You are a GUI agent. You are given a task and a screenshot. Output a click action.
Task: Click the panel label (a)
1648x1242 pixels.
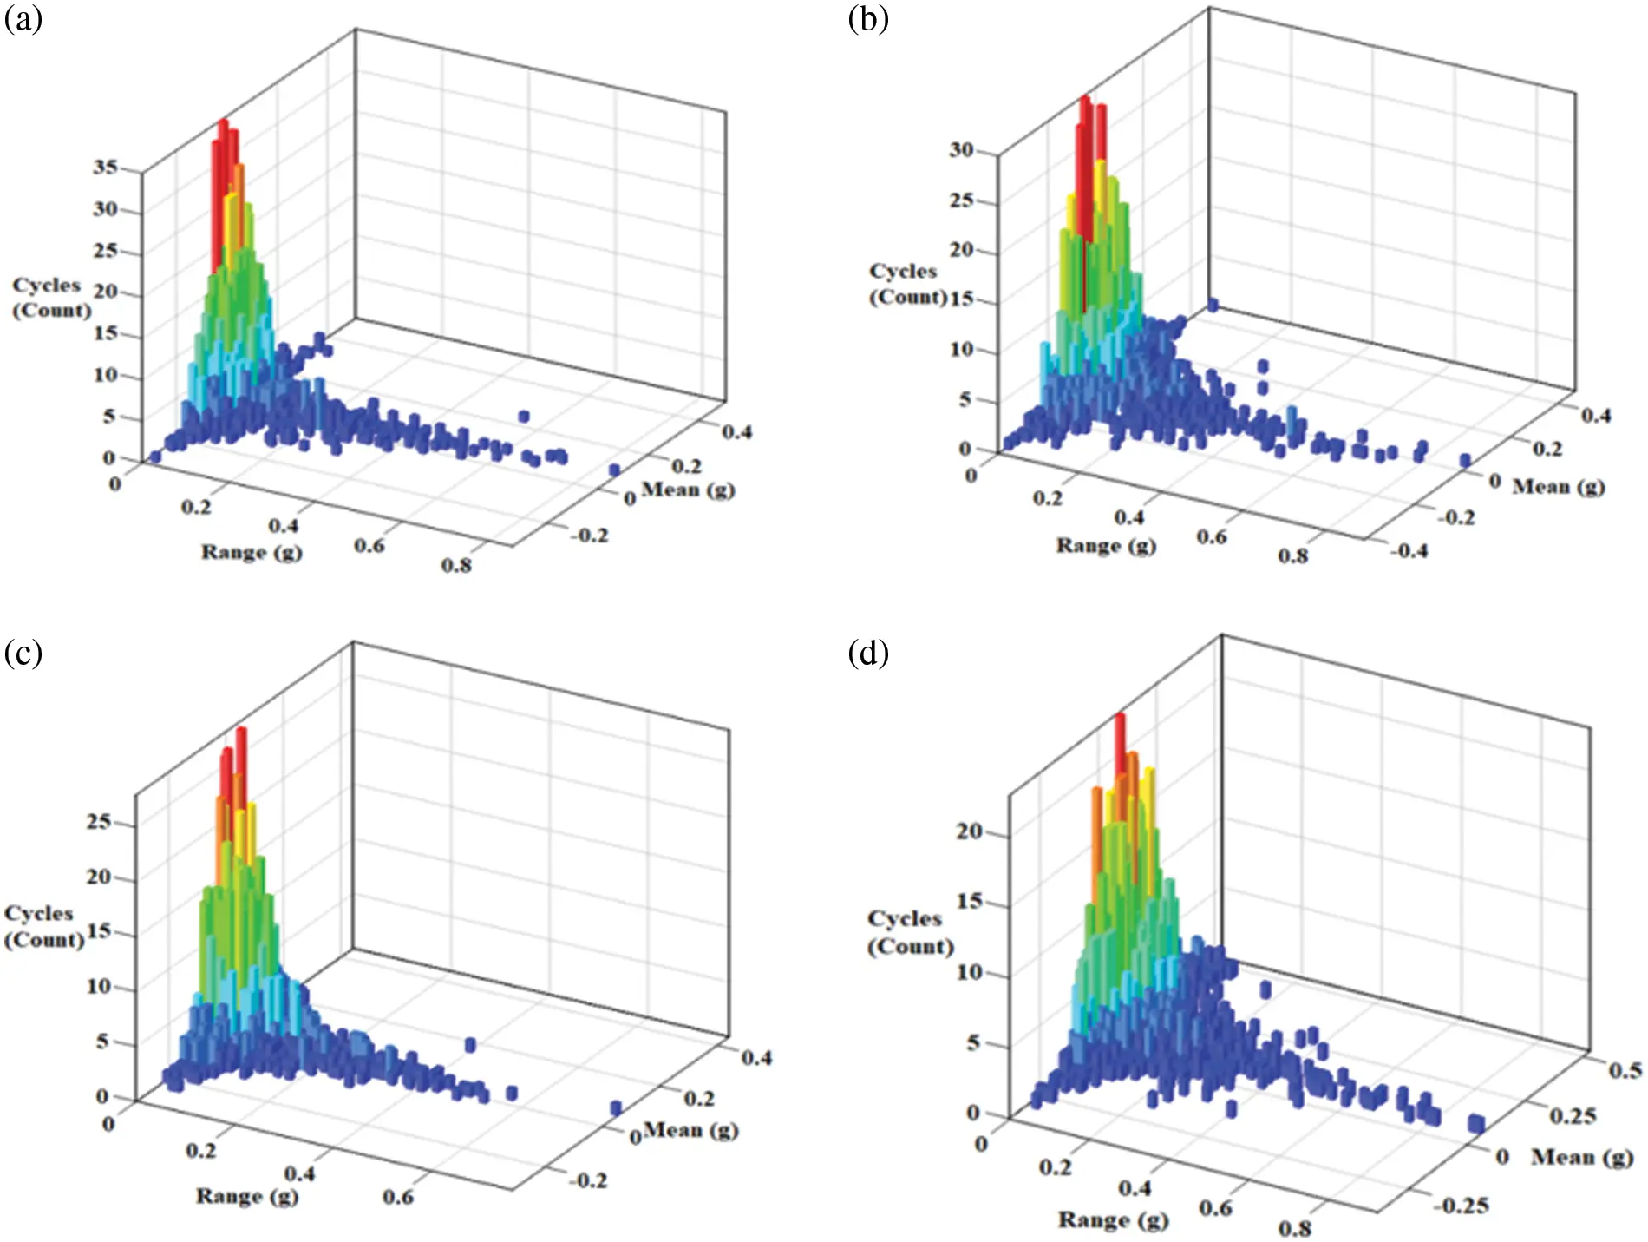click(x=23, y=19)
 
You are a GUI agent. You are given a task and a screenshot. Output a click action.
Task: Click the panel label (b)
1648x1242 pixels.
click(x=868, y=18)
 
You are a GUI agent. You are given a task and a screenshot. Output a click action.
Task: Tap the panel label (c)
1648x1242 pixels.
click(x=23, y=652)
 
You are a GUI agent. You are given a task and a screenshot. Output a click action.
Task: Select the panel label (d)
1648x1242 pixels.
click(x=868, y=652)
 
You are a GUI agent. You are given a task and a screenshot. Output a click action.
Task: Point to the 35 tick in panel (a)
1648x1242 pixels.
click(x=105, y=167)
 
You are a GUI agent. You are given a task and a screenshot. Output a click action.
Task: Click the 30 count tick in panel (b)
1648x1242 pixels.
click(x=961, y=150)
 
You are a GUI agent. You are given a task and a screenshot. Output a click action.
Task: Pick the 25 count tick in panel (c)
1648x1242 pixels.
click(x=99, y=821)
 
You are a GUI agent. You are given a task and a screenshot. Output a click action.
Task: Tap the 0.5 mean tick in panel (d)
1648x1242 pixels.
click(x=1625, y=1070)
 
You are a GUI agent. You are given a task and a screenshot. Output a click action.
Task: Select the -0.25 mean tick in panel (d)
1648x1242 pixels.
click(x=1461, y=1205)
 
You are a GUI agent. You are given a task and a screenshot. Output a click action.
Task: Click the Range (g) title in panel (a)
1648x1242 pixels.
click(x=252, y=552)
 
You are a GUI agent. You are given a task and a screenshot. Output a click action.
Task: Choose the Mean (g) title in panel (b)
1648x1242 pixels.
click(x=1559, y=486)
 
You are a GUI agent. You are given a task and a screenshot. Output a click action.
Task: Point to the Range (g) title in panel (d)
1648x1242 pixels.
click(x=1113, y=1219)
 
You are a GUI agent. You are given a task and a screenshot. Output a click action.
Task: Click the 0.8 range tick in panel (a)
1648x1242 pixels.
click(x=456, y=566)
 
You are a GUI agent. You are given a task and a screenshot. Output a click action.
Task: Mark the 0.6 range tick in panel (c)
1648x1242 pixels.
click(x=398, y=1197)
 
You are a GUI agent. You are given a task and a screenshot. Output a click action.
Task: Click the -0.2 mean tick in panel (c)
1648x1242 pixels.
click(x=588, y=1180)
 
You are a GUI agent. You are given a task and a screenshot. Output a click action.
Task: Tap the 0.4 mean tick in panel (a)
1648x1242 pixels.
click(x=736, y=431)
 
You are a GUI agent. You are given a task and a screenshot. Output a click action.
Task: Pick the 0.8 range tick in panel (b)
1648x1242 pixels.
click(x=1292, y=555)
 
